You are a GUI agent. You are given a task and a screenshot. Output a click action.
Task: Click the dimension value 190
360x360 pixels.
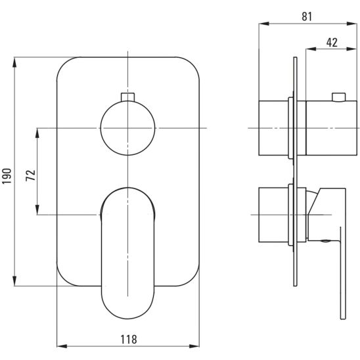(x=7, y=176)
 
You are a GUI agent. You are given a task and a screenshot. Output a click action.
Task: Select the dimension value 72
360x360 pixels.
(x=31, y=175)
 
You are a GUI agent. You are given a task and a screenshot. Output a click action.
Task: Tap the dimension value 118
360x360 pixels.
(x=129, y=340)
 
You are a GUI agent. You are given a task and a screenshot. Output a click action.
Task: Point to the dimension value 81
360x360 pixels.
(x=307, y=17)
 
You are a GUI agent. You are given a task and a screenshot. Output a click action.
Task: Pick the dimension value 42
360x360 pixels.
(x=332, y=43)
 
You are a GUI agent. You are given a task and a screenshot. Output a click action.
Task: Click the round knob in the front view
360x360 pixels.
(x=127, y=128)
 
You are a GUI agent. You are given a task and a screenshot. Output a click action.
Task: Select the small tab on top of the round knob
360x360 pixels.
(x=127, y=97)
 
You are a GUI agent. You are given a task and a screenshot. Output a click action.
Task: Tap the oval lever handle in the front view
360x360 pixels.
(x=127, y=253)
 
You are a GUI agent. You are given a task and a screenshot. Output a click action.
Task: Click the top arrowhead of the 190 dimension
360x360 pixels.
(x=14, y=62)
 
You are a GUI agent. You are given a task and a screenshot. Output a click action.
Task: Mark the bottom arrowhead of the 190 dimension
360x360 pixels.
(x=14, y=281)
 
